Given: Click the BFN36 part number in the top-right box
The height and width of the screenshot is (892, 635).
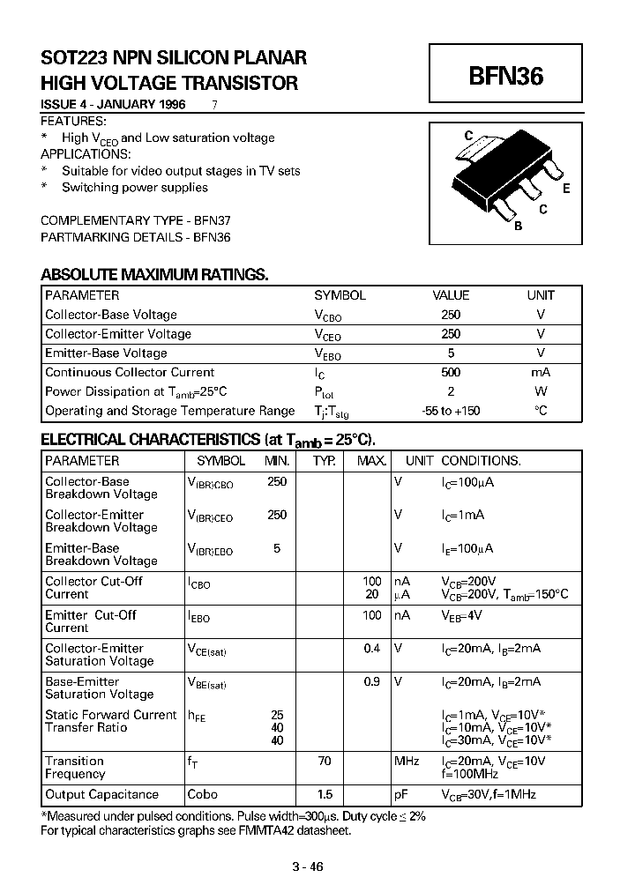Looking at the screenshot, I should point(505,77).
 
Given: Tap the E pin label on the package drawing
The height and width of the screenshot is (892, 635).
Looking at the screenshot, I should point(565,189).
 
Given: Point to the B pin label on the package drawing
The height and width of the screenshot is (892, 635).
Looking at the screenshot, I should point(519,226).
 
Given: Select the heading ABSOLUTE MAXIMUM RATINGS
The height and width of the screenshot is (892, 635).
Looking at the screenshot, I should point(154,275).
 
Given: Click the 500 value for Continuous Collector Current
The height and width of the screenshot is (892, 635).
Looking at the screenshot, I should point(450,372).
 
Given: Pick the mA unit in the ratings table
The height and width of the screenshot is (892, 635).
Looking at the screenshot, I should point(541,372).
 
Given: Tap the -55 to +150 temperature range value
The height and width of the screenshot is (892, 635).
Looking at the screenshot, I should point(450,411).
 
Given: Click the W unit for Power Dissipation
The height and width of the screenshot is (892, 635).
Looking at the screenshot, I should point(541,391).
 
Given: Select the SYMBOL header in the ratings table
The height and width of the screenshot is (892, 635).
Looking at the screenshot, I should point(340,295).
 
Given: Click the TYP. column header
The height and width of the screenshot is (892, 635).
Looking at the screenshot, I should point(325,460).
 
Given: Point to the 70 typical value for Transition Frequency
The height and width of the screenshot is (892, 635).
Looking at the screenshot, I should point(325,761).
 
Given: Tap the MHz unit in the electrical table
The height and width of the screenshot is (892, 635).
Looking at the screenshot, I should point(407,761).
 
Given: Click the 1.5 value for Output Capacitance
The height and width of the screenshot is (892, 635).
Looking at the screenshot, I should point(325,794).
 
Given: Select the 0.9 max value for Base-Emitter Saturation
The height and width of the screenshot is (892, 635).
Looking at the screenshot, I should point(373,681).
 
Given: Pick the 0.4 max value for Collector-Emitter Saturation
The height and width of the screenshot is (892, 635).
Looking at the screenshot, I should point(373,648).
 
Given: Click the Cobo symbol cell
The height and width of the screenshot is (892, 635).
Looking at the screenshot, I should point(203,794).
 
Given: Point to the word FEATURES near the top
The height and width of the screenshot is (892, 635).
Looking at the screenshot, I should point(74,121).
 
